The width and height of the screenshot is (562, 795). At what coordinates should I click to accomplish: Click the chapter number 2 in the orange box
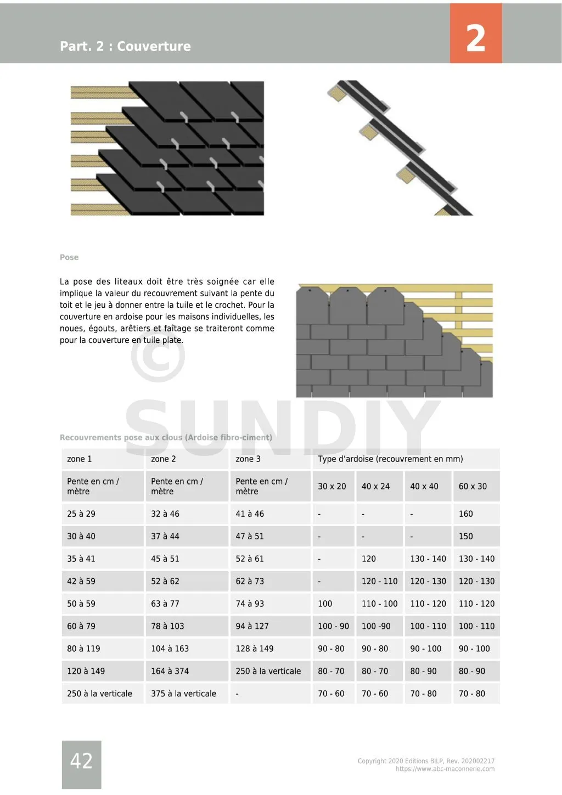point(475,38)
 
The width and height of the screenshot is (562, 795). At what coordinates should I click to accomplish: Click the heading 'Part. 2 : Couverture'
point(125,46)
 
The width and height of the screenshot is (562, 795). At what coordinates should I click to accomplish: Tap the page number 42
point(81,761)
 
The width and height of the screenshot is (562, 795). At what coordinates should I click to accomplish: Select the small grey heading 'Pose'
point(69,257)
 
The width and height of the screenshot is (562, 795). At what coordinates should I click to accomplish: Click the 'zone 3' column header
point(248,459)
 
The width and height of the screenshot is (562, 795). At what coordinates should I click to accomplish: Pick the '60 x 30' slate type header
point(473,486)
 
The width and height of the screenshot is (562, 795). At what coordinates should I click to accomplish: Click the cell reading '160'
point(465,514)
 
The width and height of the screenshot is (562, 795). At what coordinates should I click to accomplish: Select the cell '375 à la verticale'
point(183,693)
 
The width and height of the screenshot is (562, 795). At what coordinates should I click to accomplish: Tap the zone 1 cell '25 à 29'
point(81,514)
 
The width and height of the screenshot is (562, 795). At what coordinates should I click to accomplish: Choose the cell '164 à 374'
point(170,671)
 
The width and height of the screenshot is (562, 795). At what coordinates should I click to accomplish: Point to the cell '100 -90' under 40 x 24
point(376,626)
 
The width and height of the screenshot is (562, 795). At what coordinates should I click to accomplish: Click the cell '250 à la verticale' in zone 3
point(268,671)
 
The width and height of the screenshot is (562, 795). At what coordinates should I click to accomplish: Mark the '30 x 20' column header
point(332,486)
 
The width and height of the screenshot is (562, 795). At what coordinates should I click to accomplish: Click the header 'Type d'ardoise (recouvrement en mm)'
point(390,459)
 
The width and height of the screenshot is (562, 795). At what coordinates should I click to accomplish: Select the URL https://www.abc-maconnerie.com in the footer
point(445,769)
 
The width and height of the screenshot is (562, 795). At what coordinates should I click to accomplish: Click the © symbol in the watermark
point(158,355)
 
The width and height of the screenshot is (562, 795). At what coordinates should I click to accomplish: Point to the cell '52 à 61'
point(250,559)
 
